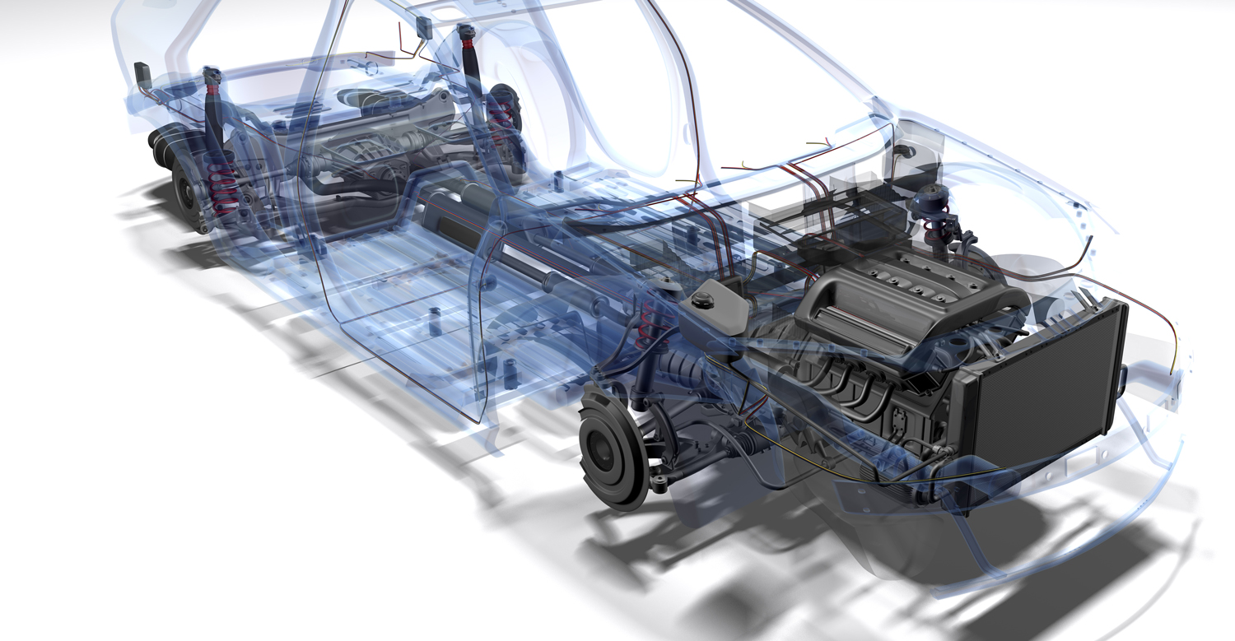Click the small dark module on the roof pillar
tap(426, 29)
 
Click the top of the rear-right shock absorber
tap(468, 35)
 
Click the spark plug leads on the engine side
tap(848, 387)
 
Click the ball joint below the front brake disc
tap(659, 478)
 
